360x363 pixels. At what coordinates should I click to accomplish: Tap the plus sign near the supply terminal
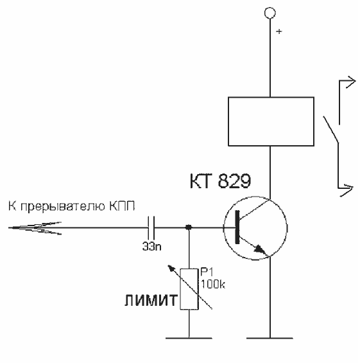pyautogui.click(x=279, y=31)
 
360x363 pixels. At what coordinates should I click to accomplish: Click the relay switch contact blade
pyautogui.click(x=331, y=130)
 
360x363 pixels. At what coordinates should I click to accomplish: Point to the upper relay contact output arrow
pyautogui.click(x=347, y=82)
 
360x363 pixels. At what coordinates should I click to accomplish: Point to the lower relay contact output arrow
pyautogui.click(x=346, y=190)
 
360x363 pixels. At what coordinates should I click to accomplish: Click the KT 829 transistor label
pyautogui.click(x=220, y=181)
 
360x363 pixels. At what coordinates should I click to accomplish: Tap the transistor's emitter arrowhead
pyautogui.click(x=260, y=249)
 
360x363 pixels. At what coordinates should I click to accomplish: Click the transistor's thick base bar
pyautogui.click(x=237, y=227)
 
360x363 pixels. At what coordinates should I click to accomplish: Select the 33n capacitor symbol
pyautogui.click(x=151, y=228)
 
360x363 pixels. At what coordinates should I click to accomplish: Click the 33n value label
pyautogui.click(x=151, y=247)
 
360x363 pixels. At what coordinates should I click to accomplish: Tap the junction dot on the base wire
pyautogui.click(x=189, y=227)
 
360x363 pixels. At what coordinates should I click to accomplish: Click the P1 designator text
pyautogui.click(x=207, y=272)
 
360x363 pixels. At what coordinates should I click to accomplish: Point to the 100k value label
pyautogui.click(x=213, y=284)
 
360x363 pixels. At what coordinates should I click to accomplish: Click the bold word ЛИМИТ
pyautogui.click(x=151, y=301)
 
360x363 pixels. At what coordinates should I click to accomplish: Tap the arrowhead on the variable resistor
pyautogui.click(x=171, y=269)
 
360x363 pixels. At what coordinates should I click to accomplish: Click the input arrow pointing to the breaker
pyautogui.click(x=35, y=228)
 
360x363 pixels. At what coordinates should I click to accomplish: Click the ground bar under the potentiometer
pyautogui.click(x=189, y=338)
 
